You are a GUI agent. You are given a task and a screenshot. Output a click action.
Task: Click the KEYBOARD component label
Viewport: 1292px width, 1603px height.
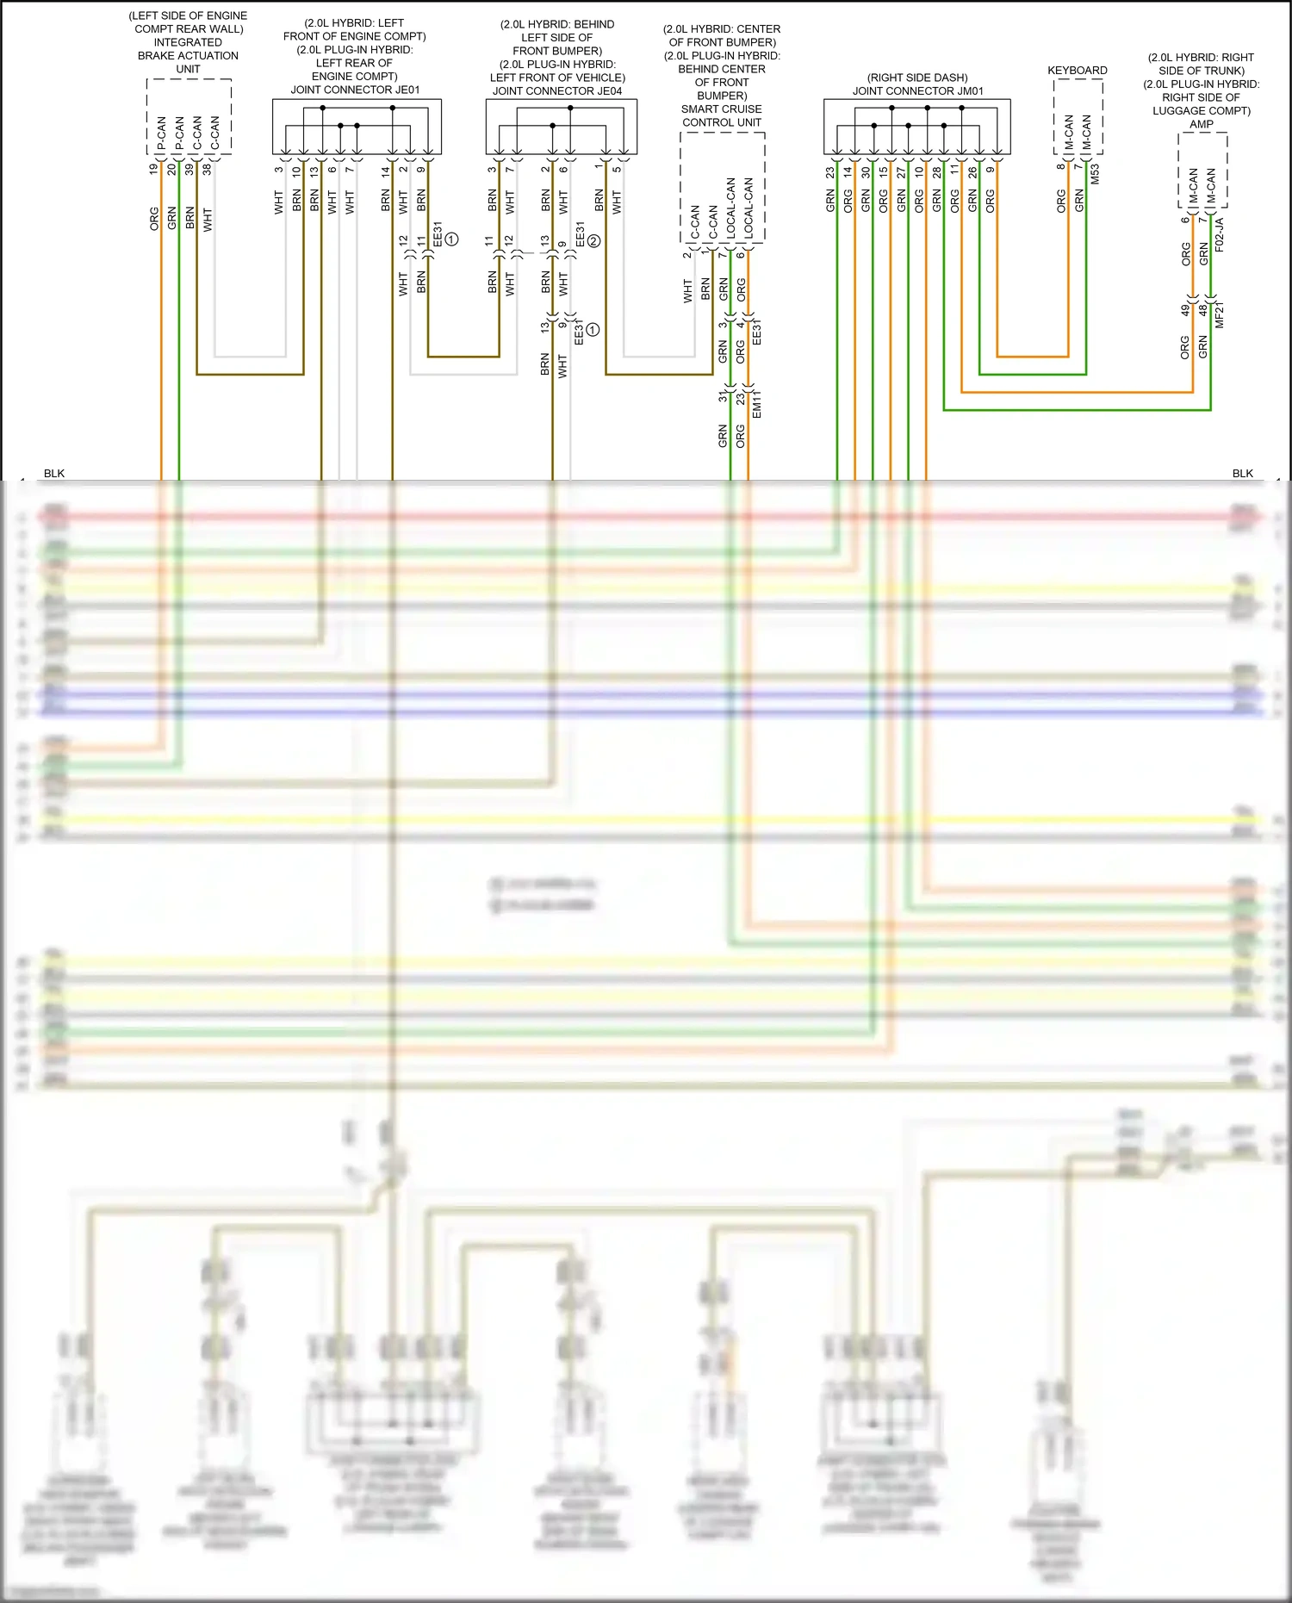[1077, 71]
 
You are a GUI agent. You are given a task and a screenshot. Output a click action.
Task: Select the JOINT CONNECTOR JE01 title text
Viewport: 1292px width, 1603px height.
[355, 90]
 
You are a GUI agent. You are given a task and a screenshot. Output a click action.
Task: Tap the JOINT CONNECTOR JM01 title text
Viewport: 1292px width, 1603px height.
[917, 90]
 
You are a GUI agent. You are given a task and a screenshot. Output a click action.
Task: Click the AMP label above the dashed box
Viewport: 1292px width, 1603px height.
[1201, 124]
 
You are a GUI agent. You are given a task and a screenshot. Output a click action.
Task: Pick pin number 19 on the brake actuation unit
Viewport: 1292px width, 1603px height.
[154, 169]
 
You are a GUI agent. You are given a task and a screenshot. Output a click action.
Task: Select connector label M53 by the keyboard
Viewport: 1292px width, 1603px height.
[1095, 174]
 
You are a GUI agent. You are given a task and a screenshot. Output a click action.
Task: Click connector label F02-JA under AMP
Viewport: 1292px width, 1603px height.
[1219, 234]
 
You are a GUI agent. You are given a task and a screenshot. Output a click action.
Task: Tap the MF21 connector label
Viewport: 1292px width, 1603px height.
[1219, 315]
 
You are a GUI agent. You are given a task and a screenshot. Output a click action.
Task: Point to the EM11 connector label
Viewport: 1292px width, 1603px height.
[756, 405]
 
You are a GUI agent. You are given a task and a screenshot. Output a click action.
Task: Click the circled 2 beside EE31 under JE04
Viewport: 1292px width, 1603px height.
[593, 241]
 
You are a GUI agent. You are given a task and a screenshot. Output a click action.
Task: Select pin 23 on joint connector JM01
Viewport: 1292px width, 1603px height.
[830, 172]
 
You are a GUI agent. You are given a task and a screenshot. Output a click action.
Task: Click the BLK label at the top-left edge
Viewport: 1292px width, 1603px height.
[54, 473]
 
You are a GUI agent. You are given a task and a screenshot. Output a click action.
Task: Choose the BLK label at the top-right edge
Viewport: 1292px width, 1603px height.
[1242, 473]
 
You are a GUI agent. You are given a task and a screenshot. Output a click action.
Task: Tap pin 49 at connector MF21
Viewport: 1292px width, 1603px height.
[1185, 309]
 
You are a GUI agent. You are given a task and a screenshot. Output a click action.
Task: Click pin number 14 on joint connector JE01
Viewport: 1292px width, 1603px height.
[385, 171]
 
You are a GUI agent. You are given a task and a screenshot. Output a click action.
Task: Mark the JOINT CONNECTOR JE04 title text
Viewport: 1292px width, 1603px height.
[556, 90]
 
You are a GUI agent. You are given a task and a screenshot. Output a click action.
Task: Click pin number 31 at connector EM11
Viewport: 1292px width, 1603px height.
[723, 397]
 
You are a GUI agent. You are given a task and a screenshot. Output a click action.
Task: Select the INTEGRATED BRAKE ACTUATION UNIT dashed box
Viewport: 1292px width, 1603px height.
[189, 116]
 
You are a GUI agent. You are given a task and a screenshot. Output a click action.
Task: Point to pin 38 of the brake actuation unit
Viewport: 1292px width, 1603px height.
[207, 169]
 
